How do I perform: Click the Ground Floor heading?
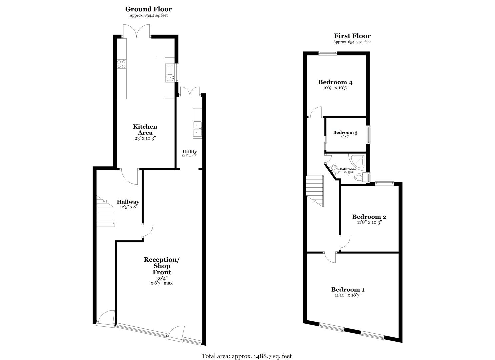tap(148, 9)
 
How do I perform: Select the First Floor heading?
tap(352, 36)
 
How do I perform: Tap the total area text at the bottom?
tap(246, 356)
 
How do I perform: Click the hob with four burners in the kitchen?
tap(122, 64)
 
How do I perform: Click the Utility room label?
tap(189, 152)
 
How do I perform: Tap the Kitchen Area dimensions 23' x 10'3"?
tap(145, 138)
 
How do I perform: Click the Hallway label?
tap(128, 202)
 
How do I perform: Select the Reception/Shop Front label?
tap(161, 266)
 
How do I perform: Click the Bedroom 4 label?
tap(335, 82)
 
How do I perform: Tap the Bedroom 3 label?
tap(345, 133)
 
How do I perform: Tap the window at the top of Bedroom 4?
tap(327, 52)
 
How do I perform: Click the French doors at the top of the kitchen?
tap(136, 32)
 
